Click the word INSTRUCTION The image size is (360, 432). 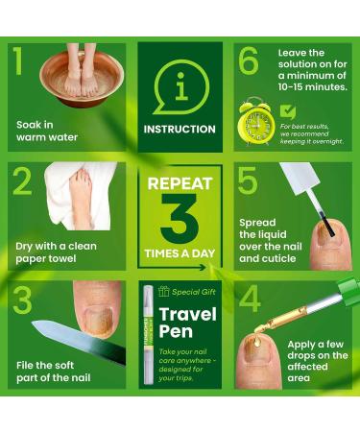click(x=180, y=129)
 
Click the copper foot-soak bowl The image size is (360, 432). click(x=82, y=79)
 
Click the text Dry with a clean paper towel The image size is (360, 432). click(x=59, y=252)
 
